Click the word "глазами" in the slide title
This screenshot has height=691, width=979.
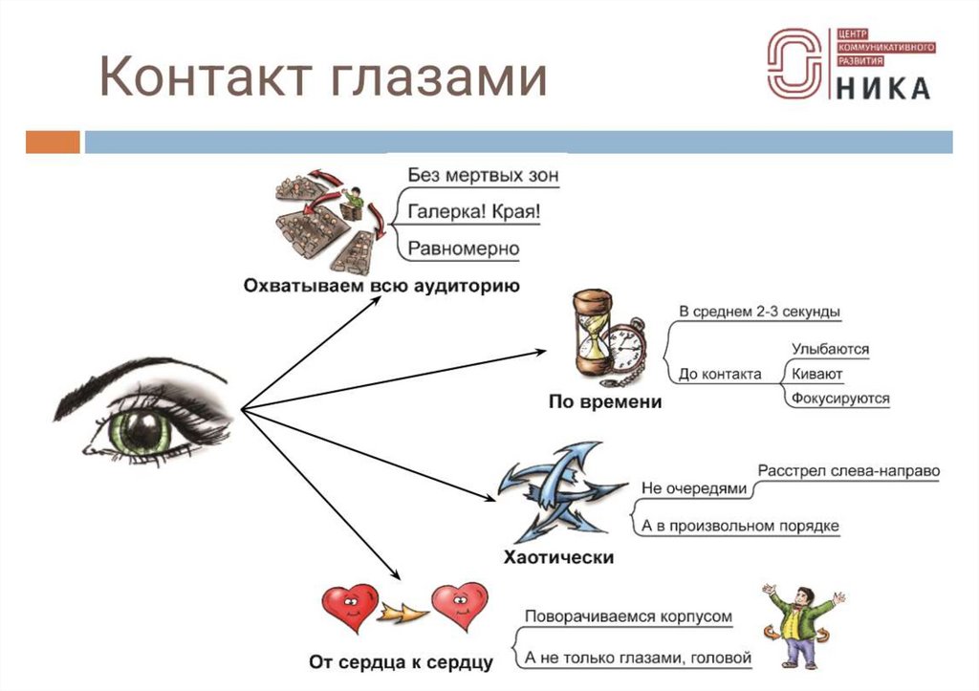(x=438, y=78)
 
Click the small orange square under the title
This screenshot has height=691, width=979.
(x=53, y=142)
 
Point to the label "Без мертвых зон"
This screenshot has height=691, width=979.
(x=483, y=176)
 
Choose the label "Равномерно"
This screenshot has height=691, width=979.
(x=464, y=249)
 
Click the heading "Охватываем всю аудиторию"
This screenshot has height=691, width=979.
(x=381, y=286)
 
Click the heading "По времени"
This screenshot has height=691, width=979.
(x=604, y=402)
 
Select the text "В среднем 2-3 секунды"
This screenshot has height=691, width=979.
(x=760, y=312)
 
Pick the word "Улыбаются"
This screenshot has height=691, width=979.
(x=830, y=350)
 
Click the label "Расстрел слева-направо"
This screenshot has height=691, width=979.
(x=849, y=471)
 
